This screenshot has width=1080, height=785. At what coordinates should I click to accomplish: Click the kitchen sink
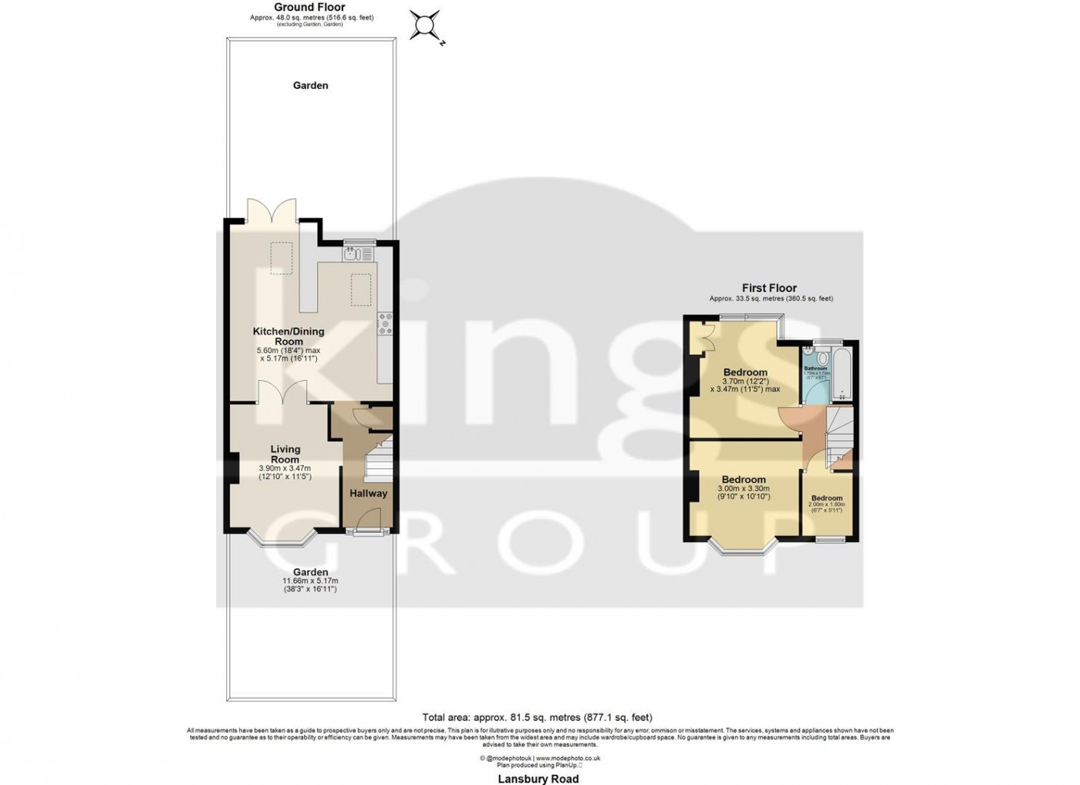pos(358,252)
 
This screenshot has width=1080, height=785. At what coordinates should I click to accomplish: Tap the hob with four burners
pos(385,323)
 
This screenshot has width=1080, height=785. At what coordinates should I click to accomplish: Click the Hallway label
pos(368,494)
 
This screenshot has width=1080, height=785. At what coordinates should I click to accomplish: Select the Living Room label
pos(285,454)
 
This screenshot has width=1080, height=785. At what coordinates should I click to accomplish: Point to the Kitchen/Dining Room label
pos(289,336)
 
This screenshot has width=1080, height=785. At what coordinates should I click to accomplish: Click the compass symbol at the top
pos(425,25)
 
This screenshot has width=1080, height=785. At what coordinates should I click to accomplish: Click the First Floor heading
pos(769,288)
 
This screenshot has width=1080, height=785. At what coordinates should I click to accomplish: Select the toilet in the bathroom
pos(821,358)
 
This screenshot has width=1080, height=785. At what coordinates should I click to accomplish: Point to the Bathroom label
pos(815,369)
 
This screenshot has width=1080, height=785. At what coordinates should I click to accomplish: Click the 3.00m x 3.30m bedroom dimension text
pos(744,489)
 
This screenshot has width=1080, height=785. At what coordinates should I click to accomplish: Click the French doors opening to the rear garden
pos(272,211)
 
